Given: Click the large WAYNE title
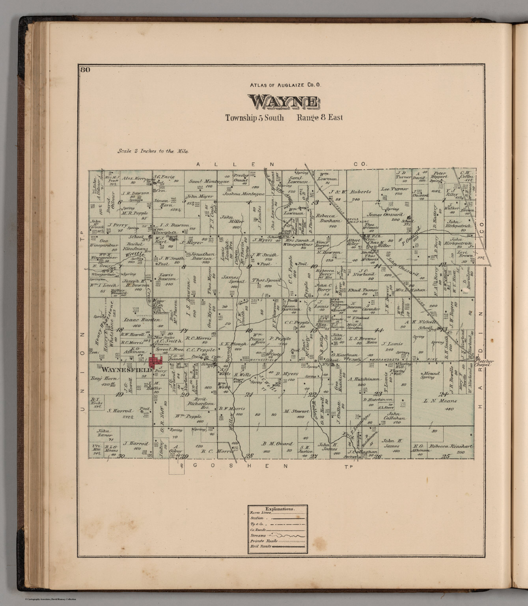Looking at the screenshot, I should click(x=284, y=102).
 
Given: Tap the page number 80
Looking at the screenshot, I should click(x=85, y=71).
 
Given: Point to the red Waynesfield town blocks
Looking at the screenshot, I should click(x=157, y=360).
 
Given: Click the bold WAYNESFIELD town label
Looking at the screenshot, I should click(x=127, y=370).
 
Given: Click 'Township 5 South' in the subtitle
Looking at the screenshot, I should click(x=254, y=118).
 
